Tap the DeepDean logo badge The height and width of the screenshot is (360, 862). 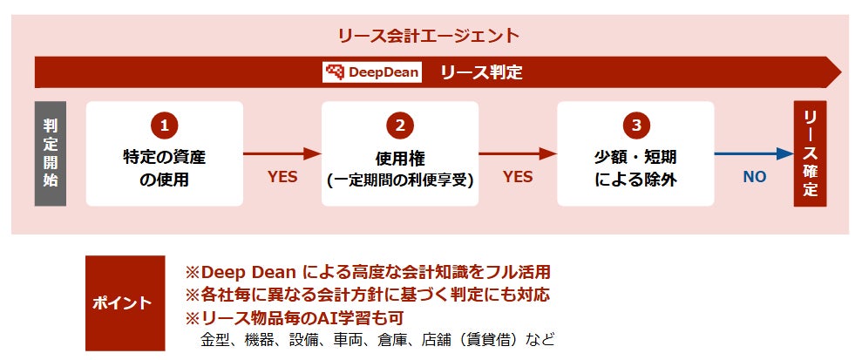[372, 72]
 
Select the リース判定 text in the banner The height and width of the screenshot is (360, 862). [481, 72]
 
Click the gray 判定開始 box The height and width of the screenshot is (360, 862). [50, 153]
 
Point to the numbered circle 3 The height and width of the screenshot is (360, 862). [635, 126]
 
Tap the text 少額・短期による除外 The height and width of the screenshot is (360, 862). [635, 169]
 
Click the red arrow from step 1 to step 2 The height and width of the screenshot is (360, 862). [282, 154]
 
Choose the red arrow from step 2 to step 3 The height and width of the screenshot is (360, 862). [517, 154]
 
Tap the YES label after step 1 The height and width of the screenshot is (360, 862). [282, 177]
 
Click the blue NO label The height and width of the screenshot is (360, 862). [754, 177]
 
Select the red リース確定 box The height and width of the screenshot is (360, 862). [810, 153]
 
